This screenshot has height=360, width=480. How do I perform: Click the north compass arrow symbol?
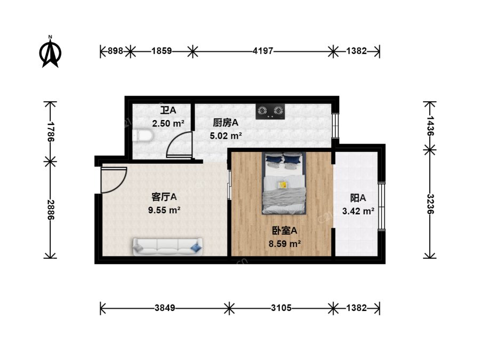[50, 52]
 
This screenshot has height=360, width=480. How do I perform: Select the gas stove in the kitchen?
[270, 111]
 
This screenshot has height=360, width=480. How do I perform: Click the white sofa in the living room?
[168, 246]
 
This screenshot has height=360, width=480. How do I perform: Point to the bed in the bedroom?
[284, 183]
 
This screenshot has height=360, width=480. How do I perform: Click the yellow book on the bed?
[282, 185]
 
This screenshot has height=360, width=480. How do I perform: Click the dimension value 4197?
[262, 51]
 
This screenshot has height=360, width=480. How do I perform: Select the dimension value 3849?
[165, 308]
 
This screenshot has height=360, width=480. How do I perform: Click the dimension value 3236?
[430, 204]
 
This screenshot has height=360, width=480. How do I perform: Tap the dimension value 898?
[115, 51]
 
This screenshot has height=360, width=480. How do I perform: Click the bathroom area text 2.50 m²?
[168, 123]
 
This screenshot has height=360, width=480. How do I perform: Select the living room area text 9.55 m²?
[164, 210]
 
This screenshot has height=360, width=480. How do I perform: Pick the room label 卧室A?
[285, 230]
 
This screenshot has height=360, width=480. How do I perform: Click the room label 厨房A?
[226, 123]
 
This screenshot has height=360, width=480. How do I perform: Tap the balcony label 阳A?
[358, 198]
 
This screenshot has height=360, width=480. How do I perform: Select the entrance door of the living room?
[113, 180]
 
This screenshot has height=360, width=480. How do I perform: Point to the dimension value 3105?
[281, 308]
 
